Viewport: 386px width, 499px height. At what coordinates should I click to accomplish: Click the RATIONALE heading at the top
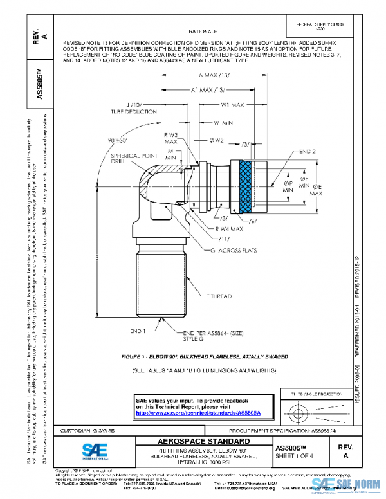[203, 30]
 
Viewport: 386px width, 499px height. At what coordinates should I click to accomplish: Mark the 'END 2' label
[306, 151]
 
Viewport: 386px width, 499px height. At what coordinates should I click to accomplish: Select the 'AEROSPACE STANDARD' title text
[204, 442]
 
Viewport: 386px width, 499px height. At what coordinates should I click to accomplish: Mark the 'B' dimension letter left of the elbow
[96, 257]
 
